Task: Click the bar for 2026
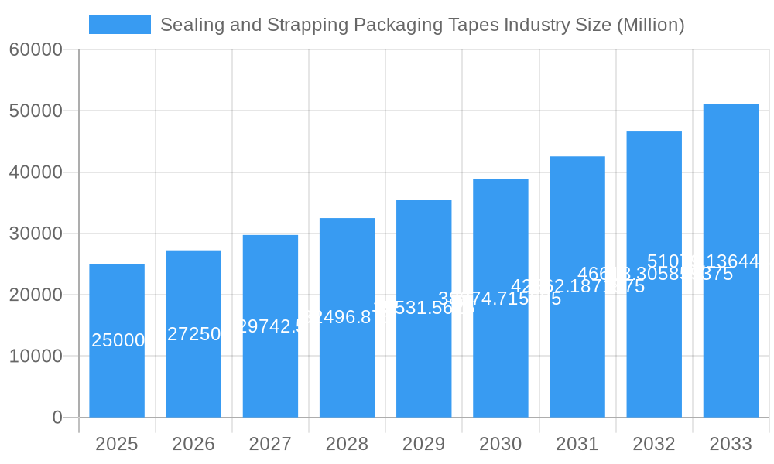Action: (x=193, y=371)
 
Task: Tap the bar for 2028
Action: (x=347, y=363)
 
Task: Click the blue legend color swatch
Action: (x=120, y=25)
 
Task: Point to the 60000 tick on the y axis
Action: (x=36, y=49)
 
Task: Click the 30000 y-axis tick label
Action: (x=36, y=234)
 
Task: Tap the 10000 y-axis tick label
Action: (x=36, y=357)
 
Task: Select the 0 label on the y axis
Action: (x=57, y=418)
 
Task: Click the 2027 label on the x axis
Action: (x=270, y=444)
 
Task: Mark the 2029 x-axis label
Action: (x=423, y=444)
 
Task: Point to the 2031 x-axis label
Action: (x=577, y=444)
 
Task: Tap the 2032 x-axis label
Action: (x=654, y=444)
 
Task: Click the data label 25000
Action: (x=118, y=340)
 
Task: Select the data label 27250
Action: (x=194, y=334)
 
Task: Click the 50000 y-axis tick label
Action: (x=36, y=111)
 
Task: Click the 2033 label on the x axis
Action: (x=731, y=444)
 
